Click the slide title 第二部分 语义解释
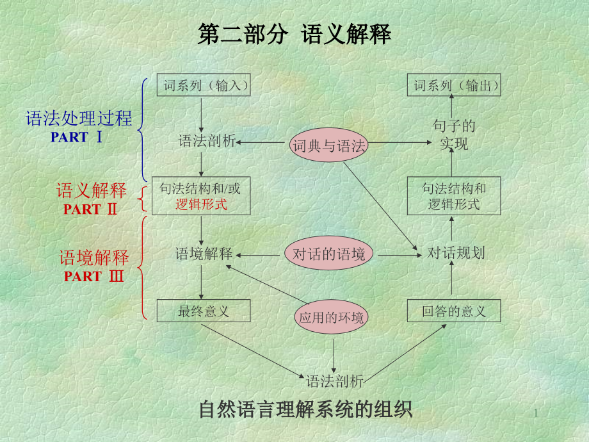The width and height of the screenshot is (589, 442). pos(294,35)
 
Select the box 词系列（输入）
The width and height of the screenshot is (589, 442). pos(204,85)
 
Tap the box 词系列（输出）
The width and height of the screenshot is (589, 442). pos(454,85)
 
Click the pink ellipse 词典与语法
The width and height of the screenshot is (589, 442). pos(328,146)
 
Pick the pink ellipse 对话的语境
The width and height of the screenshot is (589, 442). pos(328,254)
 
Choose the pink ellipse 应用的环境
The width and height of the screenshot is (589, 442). pos(332,317)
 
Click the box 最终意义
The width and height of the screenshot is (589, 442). pos(204,312)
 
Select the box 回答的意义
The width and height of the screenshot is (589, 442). pos(454,312)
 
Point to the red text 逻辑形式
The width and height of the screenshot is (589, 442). pos(202,205)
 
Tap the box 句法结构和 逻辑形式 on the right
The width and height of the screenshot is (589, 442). pos(454,196)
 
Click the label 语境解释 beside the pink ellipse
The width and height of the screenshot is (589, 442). pos(204,254)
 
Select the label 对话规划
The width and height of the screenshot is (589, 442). pos(456,253)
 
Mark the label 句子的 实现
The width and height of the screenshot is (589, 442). pos(454,135)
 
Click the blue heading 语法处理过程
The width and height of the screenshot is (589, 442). pos(79,119)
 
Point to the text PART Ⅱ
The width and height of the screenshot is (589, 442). pos(90,209)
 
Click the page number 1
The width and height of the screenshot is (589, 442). pos(537,415)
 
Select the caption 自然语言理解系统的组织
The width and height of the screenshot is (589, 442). pos(306,409)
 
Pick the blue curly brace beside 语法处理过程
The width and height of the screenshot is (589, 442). pos(142,128)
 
